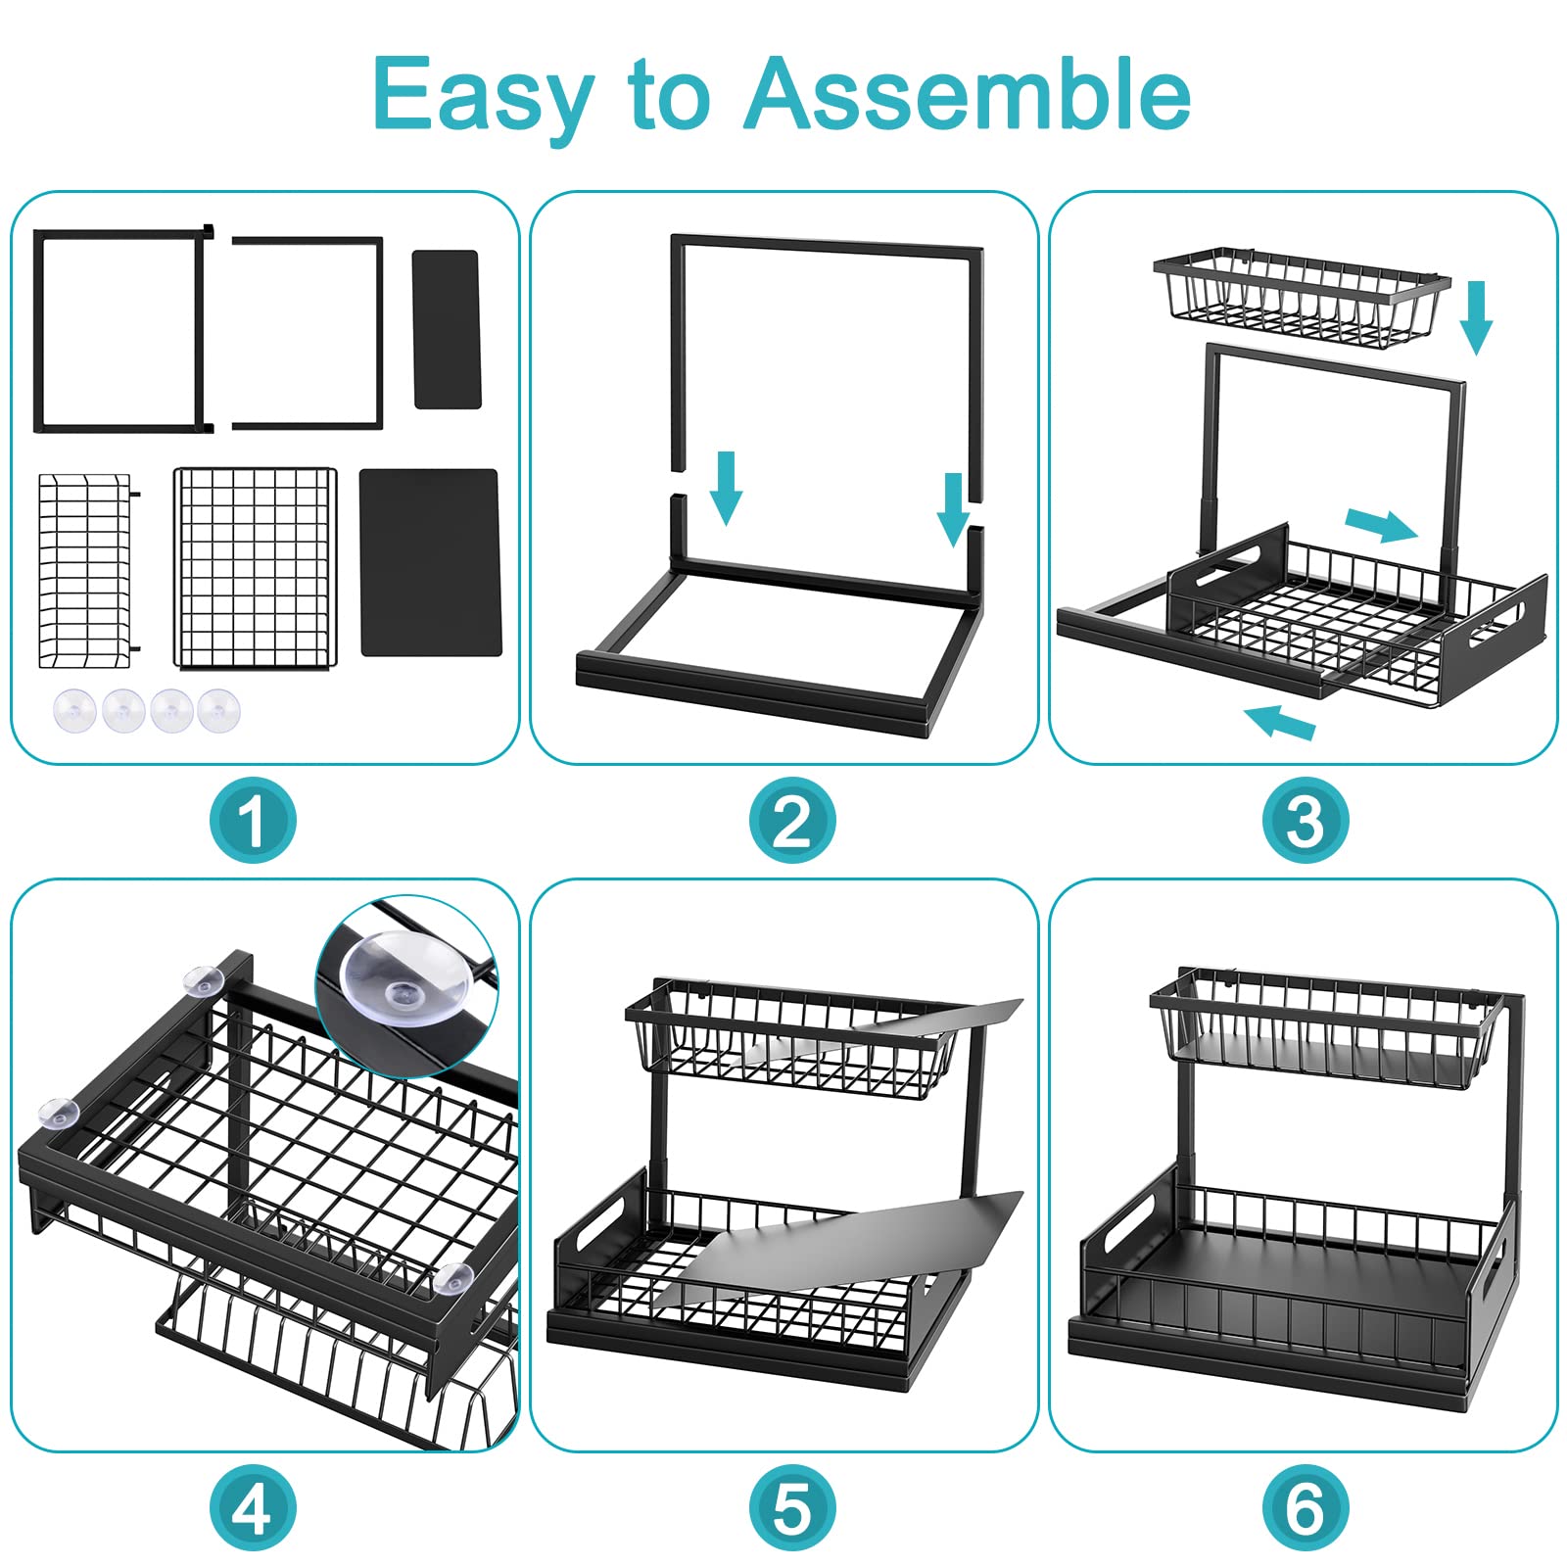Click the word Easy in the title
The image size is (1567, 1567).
(x=484, y=96)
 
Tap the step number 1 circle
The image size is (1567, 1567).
(x=253, y=821)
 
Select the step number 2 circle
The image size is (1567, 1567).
(x=792, y=821)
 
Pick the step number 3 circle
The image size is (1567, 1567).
(x=1305, y=821)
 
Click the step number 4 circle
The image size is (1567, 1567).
(x=253, y=1508)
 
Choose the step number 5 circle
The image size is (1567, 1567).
(x=792, y=1508)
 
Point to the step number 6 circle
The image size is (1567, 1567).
(x=1305, y=1508)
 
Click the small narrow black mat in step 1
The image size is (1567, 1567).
(x=447, y=329)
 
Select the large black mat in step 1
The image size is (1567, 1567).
(x=430, y=562)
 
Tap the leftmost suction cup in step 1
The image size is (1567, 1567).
(x=74, y=710)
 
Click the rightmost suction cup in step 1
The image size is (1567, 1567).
(x=217, y=710)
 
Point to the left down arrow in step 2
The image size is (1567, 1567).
(x=726, y=488)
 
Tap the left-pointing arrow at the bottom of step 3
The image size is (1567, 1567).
(x=1280, y=722)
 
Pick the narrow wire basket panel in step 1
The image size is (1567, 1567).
(x=86, y=571)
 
